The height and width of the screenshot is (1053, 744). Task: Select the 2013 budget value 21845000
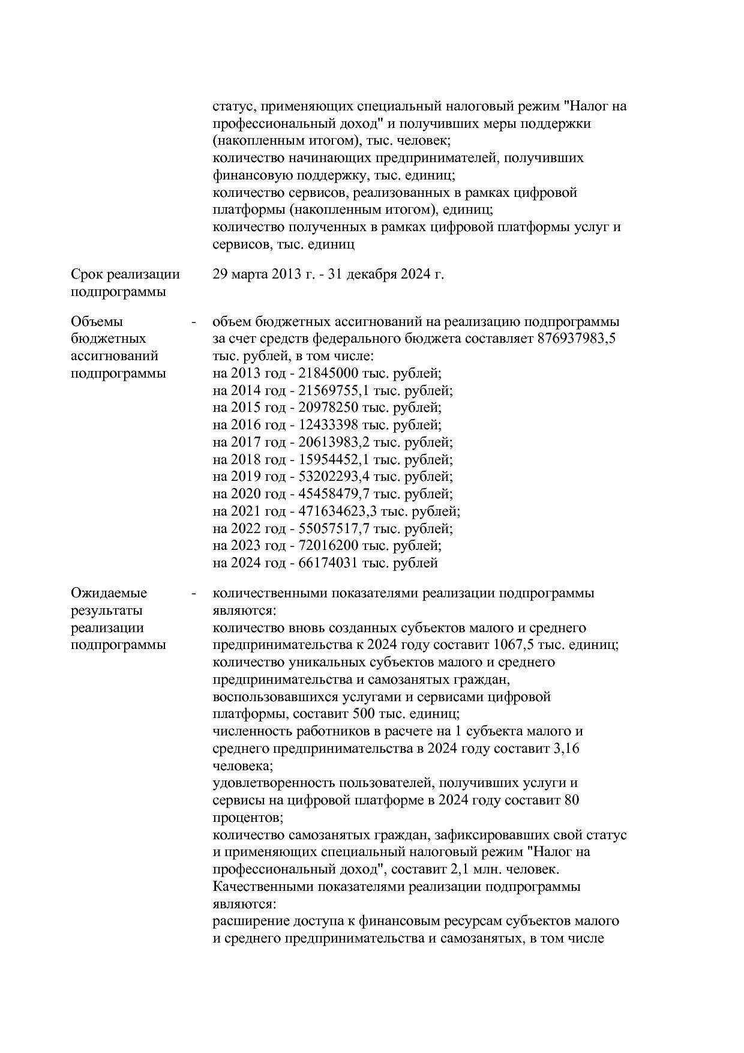click(x=329, y=373)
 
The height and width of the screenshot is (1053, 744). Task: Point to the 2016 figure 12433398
click(x=329, y=425)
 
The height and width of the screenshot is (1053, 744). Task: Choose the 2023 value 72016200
click(x=329, y=546)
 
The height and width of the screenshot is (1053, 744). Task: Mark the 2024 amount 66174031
click(x=329, y=563)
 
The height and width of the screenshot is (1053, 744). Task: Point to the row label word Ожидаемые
click(x=109, y=593)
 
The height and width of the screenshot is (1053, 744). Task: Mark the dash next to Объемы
click(x=193, y=322)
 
